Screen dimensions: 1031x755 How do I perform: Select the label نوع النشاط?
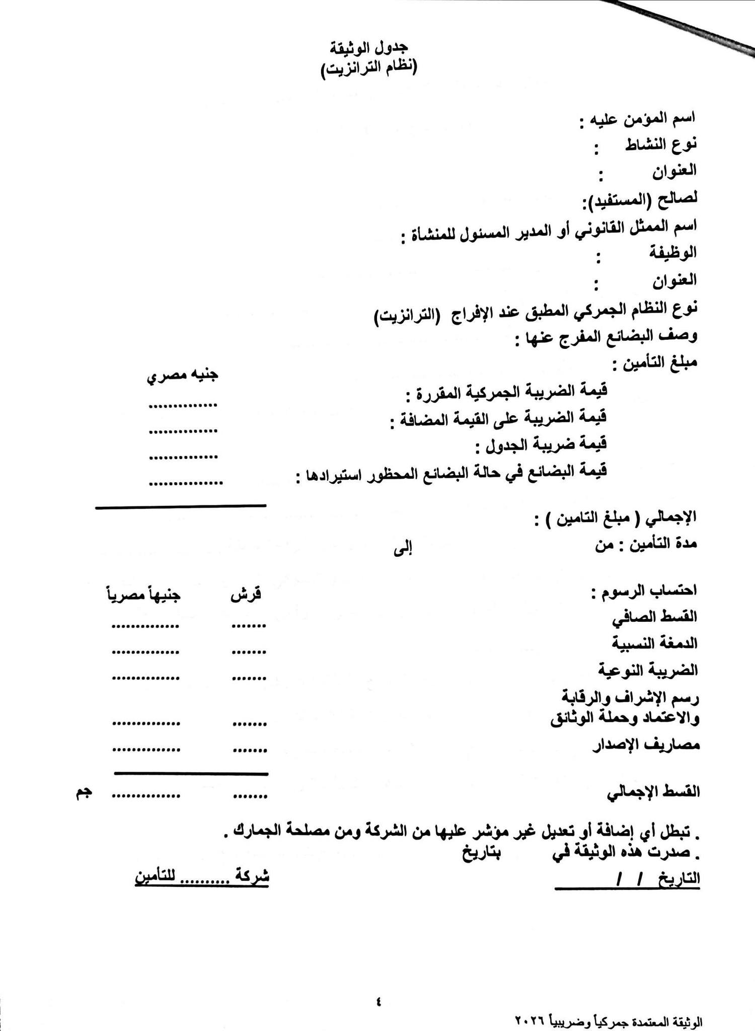660,145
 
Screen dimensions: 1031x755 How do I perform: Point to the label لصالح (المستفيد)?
639,200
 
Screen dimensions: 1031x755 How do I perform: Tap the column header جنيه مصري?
182,376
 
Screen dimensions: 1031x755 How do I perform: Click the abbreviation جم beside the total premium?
84,792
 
